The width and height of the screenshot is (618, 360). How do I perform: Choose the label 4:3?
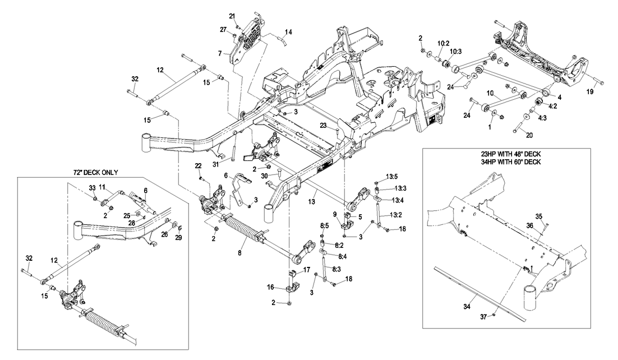coord(542,118)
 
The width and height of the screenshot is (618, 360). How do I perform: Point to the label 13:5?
coord(391,177)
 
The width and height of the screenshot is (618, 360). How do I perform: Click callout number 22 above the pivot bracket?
coord(198,165)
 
